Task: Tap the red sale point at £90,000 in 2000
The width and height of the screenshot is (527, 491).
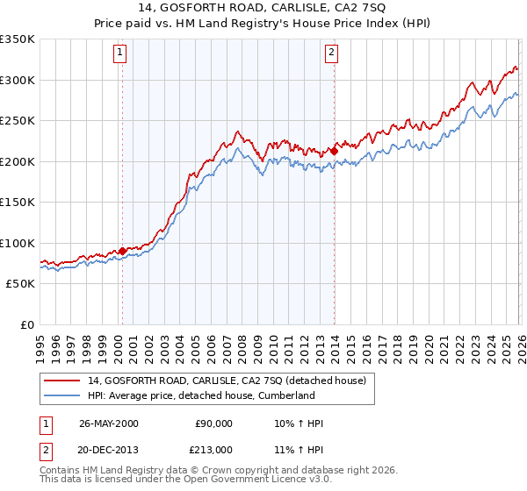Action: click(123, 251)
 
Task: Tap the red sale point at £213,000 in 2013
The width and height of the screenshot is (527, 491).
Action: click(335, 150)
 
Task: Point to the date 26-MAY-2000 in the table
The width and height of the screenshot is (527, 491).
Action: click(108, 423)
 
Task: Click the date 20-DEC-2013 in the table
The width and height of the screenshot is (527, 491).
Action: click(108, 448)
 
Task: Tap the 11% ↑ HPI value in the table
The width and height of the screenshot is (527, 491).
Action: click(299, 448)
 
